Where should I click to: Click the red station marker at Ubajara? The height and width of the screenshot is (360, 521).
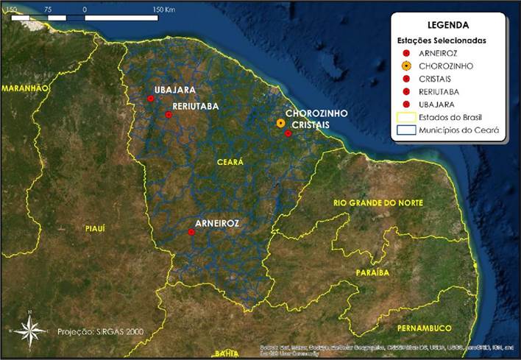[x=150, y=99]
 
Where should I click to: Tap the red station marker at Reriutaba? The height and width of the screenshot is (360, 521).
[x=169, y=114]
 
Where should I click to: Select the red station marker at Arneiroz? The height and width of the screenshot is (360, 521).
[x=191, y=232]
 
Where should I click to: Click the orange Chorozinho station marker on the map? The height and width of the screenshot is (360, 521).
[x=281, y=123]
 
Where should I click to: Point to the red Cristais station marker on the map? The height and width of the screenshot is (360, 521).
[x=288, y=133]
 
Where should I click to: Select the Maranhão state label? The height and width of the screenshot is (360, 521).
[x=24, y=88]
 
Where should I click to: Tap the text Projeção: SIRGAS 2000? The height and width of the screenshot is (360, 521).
[x=95, y=332]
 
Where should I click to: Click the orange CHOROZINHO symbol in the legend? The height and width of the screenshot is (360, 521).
[x=406, y=66]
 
